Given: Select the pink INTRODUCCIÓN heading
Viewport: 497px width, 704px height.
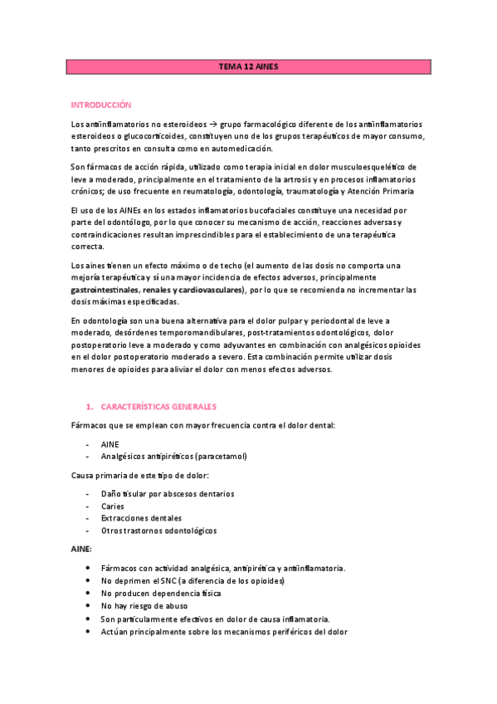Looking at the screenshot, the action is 102,105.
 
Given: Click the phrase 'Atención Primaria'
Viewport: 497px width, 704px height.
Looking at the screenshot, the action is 379,192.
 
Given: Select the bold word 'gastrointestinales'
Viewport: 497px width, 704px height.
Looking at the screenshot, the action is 104,290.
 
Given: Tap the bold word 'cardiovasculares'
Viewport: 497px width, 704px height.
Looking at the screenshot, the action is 208,290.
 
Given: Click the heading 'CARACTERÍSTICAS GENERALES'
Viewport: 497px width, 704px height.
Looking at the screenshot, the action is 159,407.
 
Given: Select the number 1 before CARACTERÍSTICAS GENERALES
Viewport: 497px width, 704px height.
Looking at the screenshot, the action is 89,407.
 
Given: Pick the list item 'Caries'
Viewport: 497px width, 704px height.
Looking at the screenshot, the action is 113,506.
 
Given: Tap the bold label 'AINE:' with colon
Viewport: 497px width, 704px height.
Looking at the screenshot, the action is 82,550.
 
